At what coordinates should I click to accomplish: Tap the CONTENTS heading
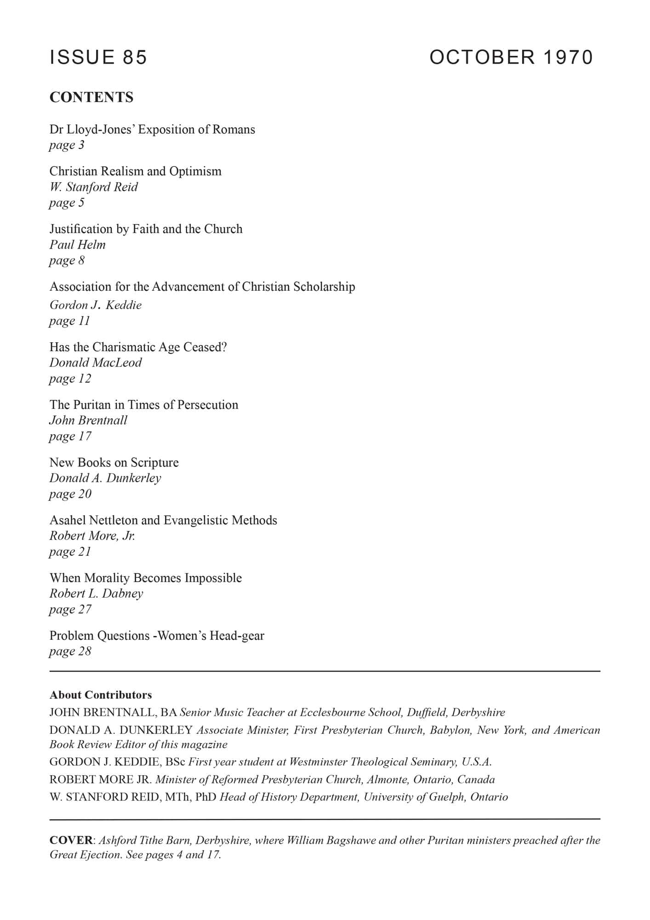coord(91,98)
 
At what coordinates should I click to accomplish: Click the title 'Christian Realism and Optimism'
coord(135,171)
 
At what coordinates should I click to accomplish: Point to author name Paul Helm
coord(77,245)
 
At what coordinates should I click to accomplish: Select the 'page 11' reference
coord(69,321)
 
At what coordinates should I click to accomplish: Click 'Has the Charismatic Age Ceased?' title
coord(138,347)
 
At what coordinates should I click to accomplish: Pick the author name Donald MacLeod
coord(96,362)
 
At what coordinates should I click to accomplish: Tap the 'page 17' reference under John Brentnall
coord(70,436)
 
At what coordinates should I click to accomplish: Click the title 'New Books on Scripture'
coord(114,462)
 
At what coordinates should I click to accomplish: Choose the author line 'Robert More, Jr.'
coord(92,536)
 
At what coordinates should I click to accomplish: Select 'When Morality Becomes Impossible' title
coord(145,578)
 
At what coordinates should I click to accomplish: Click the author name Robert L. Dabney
coord(96,593)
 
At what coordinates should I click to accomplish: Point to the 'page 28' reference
coord(70,651)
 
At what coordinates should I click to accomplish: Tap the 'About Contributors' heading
coord(101,695)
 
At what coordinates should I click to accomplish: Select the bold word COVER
coord(71,840)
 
